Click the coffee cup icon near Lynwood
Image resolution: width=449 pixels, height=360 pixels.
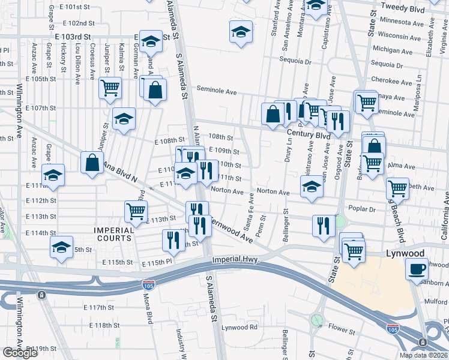click(417, 268)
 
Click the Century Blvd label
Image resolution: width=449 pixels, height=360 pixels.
click(309, 135)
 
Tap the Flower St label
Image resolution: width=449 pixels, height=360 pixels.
click(342, 328)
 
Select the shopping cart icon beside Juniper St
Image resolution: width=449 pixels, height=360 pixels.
click(110, 88)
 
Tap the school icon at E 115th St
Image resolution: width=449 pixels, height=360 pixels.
click(61, 247)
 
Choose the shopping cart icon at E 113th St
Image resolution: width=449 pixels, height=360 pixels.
click(136, 211)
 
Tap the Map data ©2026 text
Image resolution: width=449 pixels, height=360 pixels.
click(423, 355)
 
